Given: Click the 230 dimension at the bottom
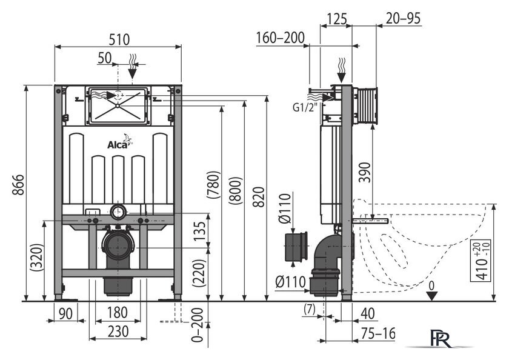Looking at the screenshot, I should (117, 332).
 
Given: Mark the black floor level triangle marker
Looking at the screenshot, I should (431, 295).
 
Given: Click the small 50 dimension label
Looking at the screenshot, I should (104, 58).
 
